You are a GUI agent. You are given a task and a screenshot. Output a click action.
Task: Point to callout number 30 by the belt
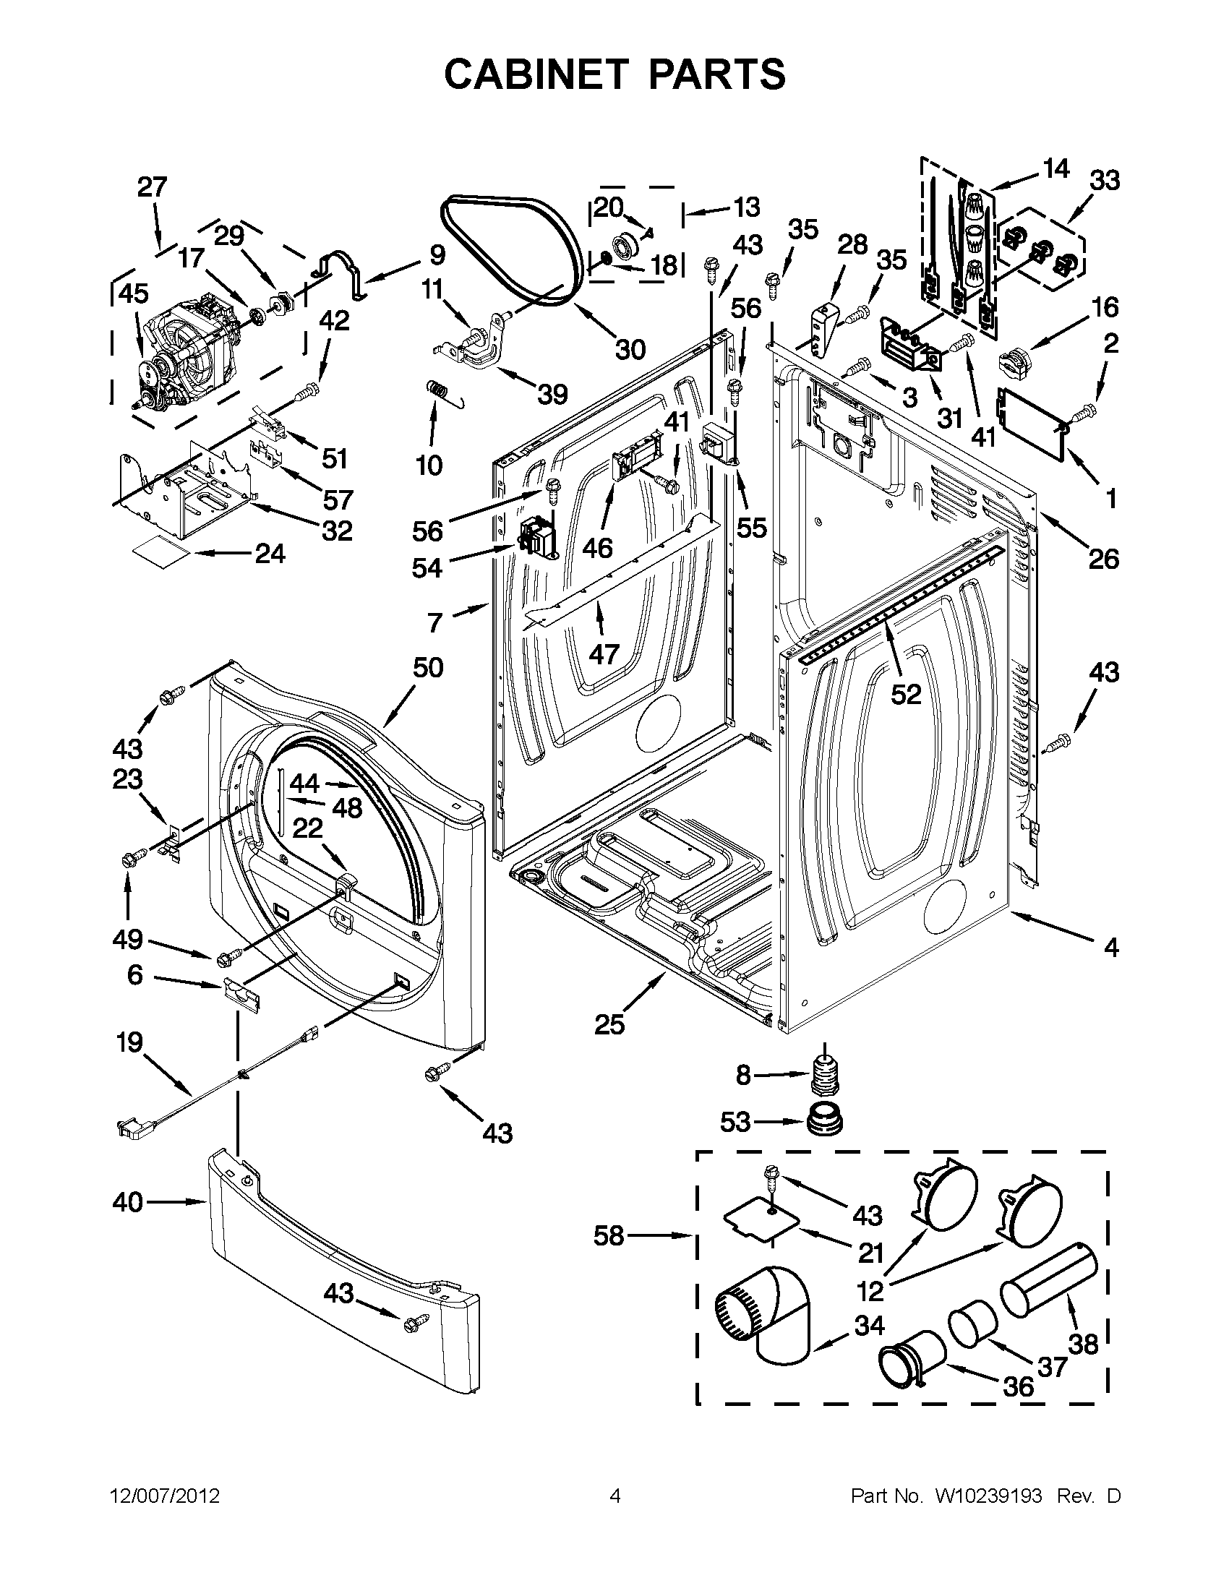tap(630, 350)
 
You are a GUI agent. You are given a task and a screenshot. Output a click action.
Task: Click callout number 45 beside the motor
tap(133, 293)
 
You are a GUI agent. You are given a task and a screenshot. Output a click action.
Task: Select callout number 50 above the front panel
tap(428, 668)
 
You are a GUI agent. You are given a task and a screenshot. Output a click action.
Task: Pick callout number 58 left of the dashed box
tap(609, 1236)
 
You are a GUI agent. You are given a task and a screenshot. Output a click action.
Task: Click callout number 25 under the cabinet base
tap(609, 1025)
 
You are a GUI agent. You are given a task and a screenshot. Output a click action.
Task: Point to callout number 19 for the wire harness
tap(129, 1043)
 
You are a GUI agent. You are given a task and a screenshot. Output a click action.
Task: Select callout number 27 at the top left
tap(153, 187)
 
